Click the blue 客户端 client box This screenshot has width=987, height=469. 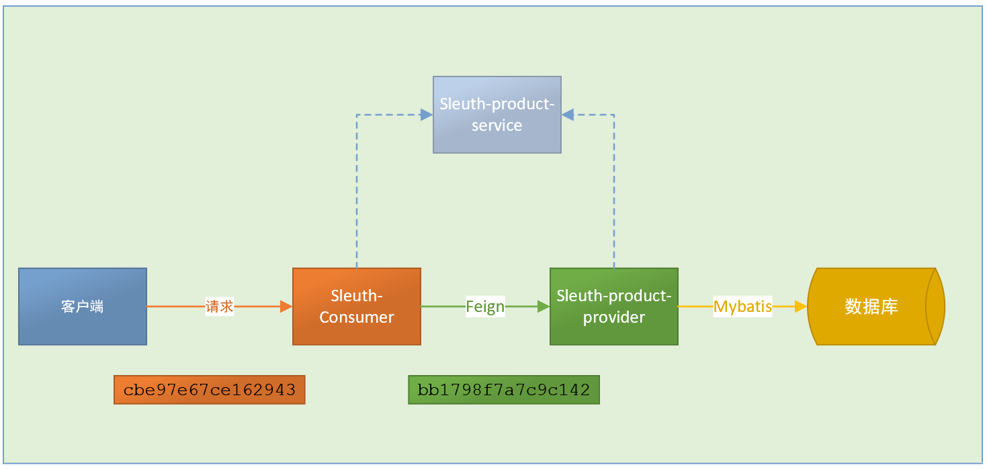coord(83,306)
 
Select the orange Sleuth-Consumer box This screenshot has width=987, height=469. coord(357,306)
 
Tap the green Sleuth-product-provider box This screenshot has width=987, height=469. coord(614,306)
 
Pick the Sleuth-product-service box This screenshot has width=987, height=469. coord(497,115)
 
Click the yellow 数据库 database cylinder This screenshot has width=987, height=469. coord(876,306)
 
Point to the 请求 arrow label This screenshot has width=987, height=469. coord(220,306)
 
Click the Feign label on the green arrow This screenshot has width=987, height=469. coord(485,307)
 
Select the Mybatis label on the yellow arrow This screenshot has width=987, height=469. coord(742,307)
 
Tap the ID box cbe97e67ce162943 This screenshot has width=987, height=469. coord(210,390)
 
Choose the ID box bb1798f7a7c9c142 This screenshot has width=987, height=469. coord(504,390)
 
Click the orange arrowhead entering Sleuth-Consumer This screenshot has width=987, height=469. coord(286,306)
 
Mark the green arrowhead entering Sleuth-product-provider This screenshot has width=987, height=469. coord(544,306)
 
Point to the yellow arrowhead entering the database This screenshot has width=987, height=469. coord(801,306)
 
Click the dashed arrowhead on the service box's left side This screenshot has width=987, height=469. coord(427,115)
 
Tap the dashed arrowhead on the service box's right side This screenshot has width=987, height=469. coord(568,115)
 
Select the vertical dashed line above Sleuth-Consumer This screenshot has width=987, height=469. coord(357,191)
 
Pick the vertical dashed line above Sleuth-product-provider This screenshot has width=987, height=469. coord(614,191)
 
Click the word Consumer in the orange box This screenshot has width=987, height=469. coord(357,317)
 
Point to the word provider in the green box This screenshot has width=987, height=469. coord(614,317)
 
